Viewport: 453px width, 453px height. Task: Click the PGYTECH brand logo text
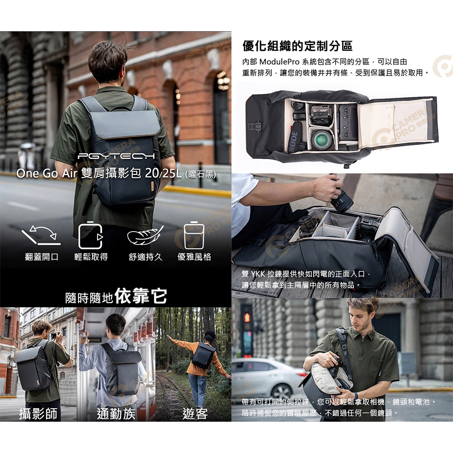click(116, 156)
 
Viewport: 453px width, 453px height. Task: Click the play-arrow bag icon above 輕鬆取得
click(91, 235)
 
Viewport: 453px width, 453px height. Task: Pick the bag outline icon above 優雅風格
click(194, 235)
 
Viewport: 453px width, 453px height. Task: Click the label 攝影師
click(38, 414)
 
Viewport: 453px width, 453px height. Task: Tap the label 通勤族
click(116, 414)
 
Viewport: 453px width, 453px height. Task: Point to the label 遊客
click(195, 414)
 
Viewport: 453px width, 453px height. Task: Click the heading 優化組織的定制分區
click(297, 46)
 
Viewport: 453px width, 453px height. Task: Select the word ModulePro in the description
click(280, 62)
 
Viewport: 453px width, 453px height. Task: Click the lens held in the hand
click(342, 199)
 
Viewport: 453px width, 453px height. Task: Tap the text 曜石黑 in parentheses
click(202, 174)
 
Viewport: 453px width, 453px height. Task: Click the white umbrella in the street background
click(27, 145)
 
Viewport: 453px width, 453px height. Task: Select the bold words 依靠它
click(141, 296)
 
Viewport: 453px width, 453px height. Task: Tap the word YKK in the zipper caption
click(258, 274)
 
